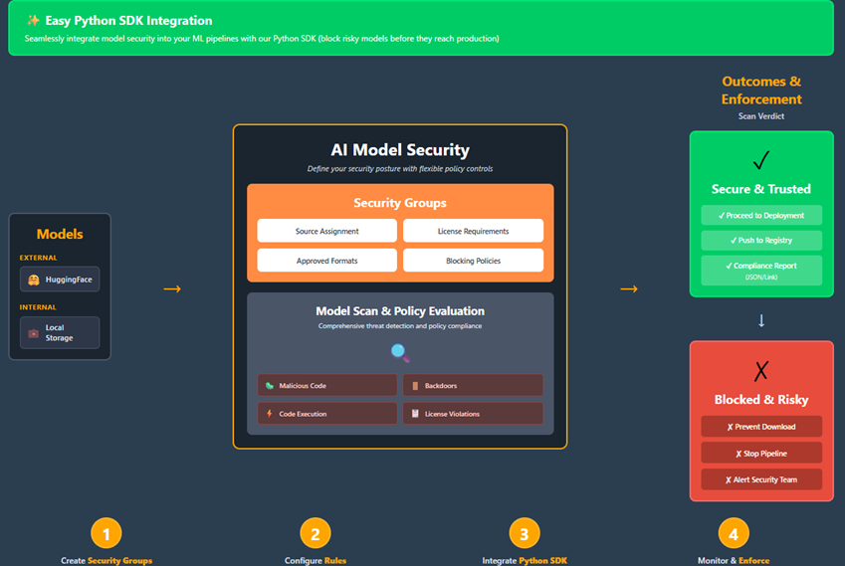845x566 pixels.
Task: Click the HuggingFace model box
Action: (60, 280)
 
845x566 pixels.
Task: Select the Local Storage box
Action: (60, 332)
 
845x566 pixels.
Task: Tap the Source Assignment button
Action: (326, 231)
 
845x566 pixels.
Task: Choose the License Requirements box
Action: (473, 231)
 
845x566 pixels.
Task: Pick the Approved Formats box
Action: (326, 261)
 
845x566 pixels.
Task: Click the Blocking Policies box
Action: (473, 261)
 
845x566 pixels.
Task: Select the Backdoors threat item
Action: (473, 385)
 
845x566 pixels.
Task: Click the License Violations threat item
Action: (473, 413)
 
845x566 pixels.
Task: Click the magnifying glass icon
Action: (400, 352)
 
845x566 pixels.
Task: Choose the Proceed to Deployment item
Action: (761, 216)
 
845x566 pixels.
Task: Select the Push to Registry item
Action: (761, 241)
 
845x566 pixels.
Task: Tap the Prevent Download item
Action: (761, 427)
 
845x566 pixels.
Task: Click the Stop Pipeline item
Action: (761, 453)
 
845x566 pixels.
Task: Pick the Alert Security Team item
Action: (761, 479)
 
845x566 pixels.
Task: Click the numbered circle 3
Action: (525, 534)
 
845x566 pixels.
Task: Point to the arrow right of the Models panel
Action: (172, 288)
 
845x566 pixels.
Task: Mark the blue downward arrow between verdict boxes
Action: (761, 320)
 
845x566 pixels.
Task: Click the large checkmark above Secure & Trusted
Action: (761, 160)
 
